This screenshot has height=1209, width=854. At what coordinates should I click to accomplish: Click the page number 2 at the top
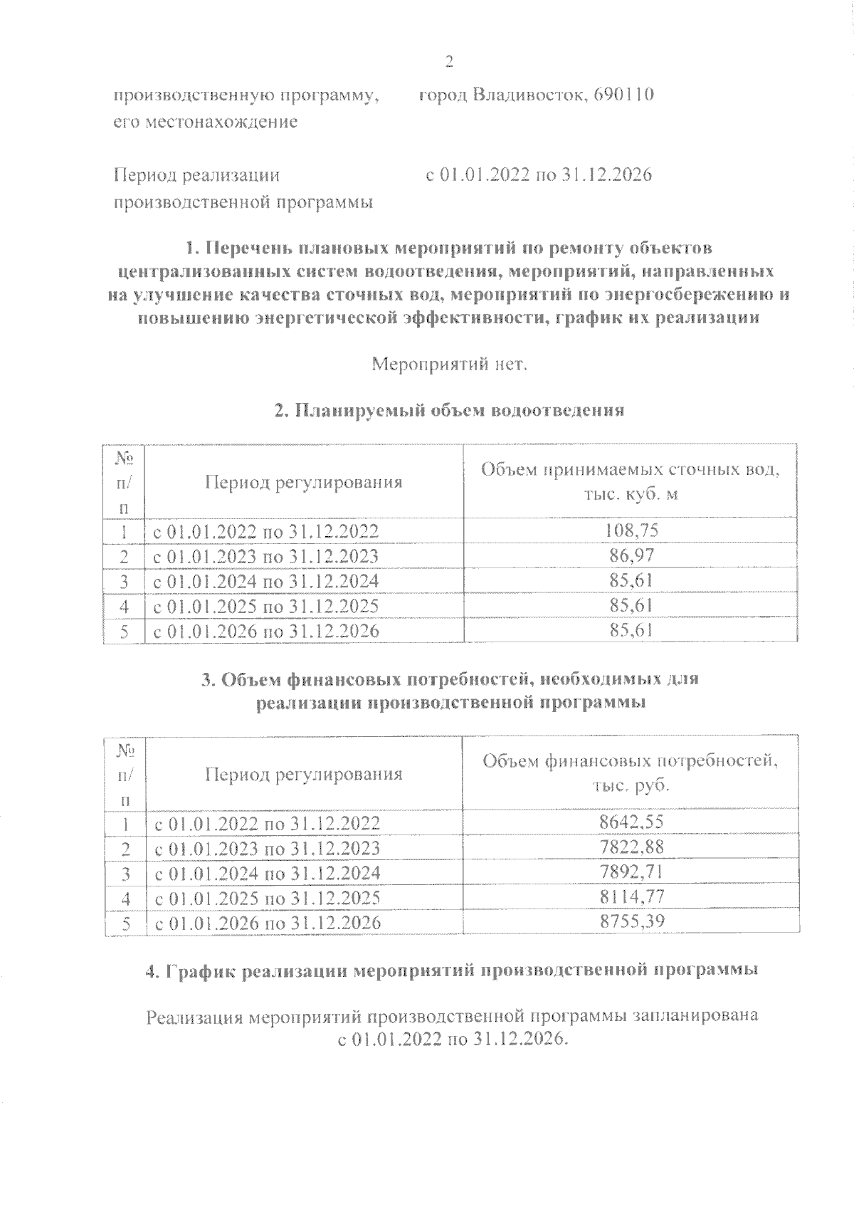[448, 62]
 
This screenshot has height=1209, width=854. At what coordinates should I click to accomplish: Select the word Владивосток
[515, 95]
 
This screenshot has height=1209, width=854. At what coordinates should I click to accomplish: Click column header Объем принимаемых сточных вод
[631, 481]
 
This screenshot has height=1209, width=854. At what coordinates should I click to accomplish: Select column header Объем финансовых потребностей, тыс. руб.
[631, 773]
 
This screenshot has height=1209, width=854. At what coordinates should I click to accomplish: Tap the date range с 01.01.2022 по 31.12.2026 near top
[538, 175]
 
